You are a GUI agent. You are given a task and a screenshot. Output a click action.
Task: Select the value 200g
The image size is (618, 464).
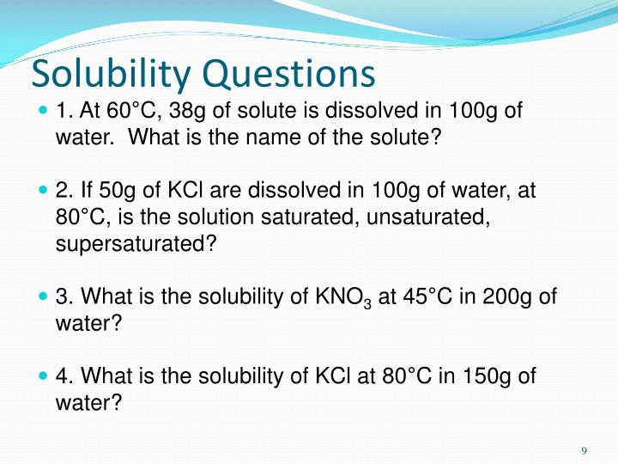coord(510,296)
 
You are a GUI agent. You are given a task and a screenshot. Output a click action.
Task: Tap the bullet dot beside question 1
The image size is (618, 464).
coord(45,111)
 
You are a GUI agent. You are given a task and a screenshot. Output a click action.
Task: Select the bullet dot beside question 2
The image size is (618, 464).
coord(45,191)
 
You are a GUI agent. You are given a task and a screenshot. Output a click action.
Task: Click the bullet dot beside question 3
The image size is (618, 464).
coord(45,296)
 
